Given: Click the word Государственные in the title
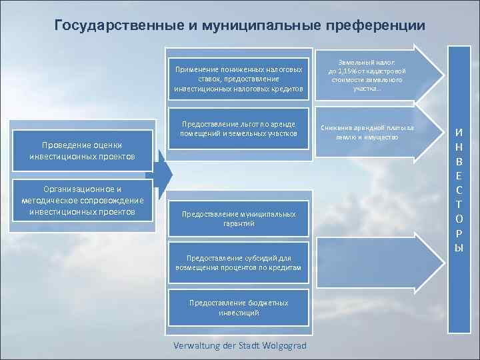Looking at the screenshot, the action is tap(110, 26).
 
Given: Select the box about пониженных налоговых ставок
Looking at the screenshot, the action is tap(238, 79).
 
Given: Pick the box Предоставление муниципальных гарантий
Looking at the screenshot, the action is tap(238, 219).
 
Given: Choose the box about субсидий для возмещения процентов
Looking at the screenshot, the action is tap(238, 262).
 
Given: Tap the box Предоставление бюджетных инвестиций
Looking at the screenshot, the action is tap(238, 307).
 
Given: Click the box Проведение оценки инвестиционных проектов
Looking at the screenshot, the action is tap(82, 151).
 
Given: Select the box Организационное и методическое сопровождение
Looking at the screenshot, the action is tap(82, 200).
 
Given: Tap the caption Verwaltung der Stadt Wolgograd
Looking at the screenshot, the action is tap(239, 345).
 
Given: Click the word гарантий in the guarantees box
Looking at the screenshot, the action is tap(239, 223).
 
